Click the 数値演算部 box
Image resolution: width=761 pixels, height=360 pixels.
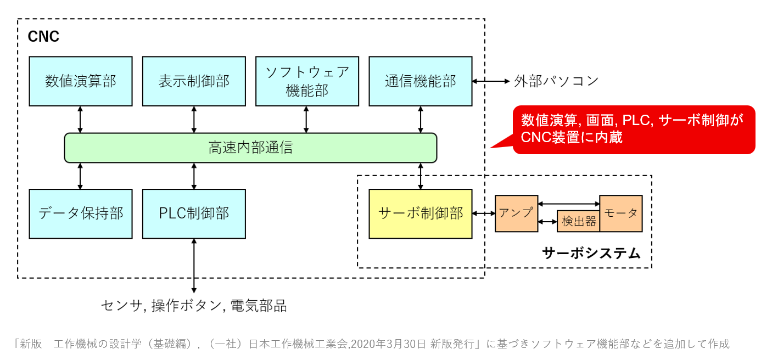pos(81,81)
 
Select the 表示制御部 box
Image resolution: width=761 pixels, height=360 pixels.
pos(194,81)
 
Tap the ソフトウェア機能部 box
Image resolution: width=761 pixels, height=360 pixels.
pos(307,81)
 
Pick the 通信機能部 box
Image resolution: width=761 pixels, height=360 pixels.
pos(421,81)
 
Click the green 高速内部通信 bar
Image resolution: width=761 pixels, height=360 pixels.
pos(250,148)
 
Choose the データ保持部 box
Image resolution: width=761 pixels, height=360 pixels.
pos(81,214)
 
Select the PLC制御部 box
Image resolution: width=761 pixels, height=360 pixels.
pos(194,214)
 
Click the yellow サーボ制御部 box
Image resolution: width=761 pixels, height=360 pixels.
pos(421,214)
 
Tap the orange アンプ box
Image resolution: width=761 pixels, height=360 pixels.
pos(516,213)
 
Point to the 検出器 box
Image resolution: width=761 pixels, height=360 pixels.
pos(579,221)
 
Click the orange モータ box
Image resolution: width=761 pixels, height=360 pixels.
pos(621,213)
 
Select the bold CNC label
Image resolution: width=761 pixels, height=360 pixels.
pos(43,36)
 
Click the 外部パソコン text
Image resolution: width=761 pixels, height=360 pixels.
pos(556,81)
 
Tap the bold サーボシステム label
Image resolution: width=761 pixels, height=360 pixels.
pos(591,254)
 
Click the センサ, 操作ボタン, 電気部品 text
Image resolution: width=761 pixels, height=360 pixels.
pos(194,306)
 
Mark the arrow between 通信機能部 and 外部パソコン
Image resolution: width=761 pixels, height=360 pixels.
pos(491,81)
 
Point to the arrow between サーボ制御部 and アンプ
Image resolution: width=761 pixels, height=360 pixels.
pos(483,213)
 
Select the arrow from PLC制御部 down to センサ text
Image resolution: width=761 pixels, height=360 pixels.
pos(194,266)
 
